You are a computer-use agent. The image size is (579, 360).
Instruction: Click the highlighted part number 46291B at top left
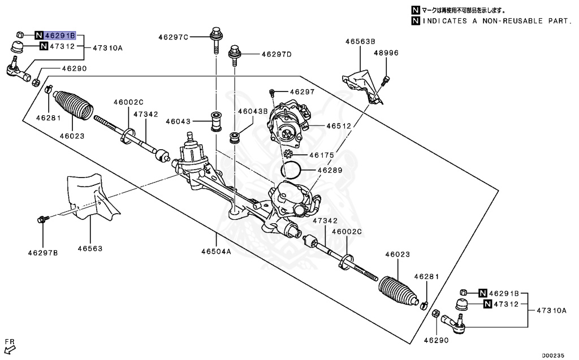tap(61, 34)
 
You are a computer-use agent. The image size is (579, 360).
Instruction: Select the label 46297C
tap(173, 37)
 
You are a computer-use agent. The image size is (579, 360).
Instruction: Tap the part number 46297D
tap(276, 55)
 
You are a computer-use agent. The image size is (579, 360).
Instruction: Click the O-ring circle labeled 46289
tap(291, 168)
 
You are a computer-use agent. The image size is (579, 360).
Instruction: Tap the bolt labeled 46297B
tap(42, 219)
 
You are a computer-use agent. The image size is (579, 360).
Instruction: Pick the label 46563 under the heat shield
tap(90, 248)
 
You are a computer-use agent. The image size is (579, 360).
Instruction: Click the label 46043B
tap(252, 112)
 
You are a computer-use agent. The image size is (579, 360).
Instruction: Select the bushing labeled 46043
tap(216, 121)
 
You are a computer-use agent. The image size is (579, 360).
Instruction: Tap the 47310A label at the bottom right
tap(551, 310)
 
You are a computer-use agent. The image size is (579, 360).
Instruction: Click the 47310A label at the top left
tap(107, 48)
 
